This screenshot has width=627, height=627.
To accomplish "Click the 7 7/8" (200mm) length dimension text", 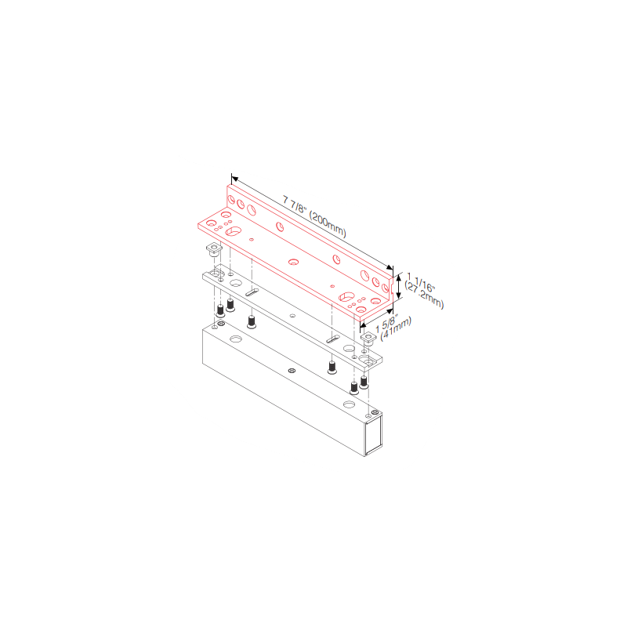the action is [x=314, y=216].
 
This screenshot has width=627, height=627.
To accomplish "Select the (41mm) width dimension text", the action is [x=396, y=329].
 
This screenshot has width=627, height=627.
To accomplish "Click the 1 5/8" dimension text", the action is [x=386, y=323].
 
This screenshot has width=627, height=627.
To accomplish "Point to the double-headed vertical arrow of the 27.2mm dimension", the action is [x=398, y=286].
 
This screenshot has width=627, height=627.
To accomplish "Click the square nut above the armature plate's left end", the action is [x=214, y=249].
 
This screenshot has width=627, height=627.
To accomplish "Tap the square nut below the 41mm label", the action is [x=368, y=339].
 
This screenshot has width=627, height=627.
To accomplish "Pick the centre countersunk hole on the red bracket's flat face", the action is [x=293, y=262].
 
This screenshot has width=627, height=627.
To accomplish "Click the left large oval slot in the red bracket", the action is [x=233, y=231].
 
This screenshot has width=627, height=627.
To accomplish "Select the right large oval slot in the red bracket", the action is [x=346, y=297].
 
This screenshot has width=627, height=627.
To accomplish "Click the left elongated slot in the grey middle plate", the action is [x=252, y=292].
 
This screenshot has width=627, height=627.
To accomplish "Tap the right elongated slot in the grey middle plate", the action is [x=333, y=339].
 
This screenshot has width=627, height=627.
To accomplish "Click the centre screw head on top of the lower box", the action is [x=292, y=371].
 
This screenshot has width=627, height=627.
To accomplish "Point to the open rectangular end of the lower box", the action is [x=374, y=434].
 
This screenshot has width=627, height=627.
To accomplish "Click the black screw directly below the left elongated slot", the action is [x=252, y=322].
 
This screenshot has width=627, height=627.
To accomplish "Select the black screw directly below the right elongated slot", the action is [x=332, y=368].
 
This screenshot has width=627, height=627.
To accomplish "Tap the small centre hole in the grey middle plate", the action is [x=292, y=316].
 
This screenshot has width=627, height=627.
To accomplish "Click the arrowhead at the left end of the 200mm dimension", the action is [x=234, y=179].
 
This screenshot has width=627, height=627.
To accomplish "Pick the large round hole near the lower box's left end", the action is [x=236, y=339].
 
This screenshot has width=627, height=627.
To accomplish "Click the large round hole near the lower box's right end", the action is [x=349, y=405].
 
